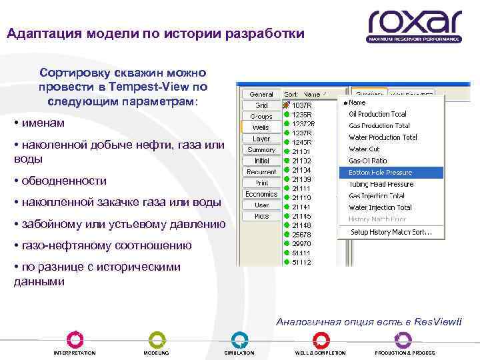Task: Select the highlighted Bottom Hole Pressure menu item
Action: [x=381, y=173]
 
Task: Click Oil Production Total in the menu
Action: [x=377, y=114]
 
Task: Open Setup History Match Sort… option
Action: [x=391, y=232]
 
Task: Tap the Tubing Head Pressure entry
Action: [x=381, y=184]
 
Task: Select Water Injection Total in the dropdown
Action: [x=380, y=207]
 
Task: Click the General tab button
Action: [x=261, y=95]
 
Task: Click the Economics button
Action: [x=261, y=194]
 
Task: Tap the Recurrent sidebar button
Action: [x=261, y=172]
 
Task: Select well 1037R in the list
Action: [x=301, y=106]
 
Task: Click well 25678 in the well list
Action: [x=301, y=235]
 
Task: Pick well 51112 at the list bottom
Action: [x=301, y=262]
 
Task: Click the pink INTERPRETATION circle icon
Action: [x=75, y=339]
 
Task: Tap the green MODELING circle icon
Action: [x=157, y=339]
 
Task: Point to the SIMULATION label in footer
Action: [x=239, y=353]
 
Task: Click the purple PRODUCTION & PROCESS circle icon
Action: [x=403, y=339]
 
